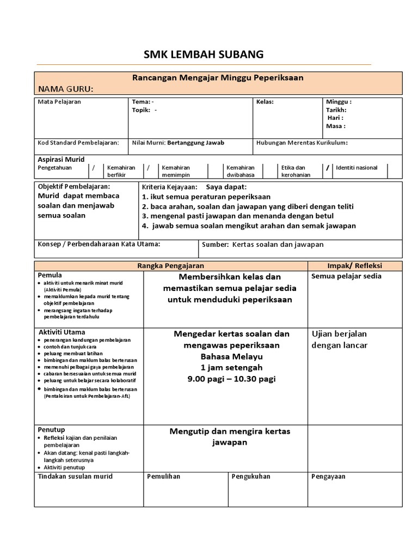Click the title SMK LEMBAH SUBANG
click(x=203, y=54)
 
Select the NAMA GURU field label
click(x=65, y=89)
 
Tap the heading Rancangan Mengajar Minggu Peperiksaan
click(x=218, y=78)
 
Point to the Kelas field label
click(x=265, y=102)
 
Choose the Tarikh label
click(x=336, y=110)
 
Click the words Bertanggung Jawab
click(x=196, y=143)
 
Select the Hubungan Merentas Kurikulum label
click(x=302, y=143)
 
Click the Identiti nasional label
click(x=356, y=168)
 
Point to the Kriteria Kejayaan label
click(x=162, y=186)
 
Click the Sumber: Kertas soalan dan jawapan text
click(x=262, y=244)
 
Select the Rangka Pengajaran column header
click(x=170, y=265)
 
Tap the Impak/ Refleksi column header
click(x=355, y=265)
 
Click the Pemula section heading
click(x=50, y=275)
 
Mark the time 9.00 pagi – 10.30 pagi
click(x=231, y=379)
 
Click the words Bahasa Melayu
click(x=231, y=356)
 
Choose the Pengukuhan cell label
click(x=251, y=476)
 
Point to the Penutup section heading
click(x=51, y=429)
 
